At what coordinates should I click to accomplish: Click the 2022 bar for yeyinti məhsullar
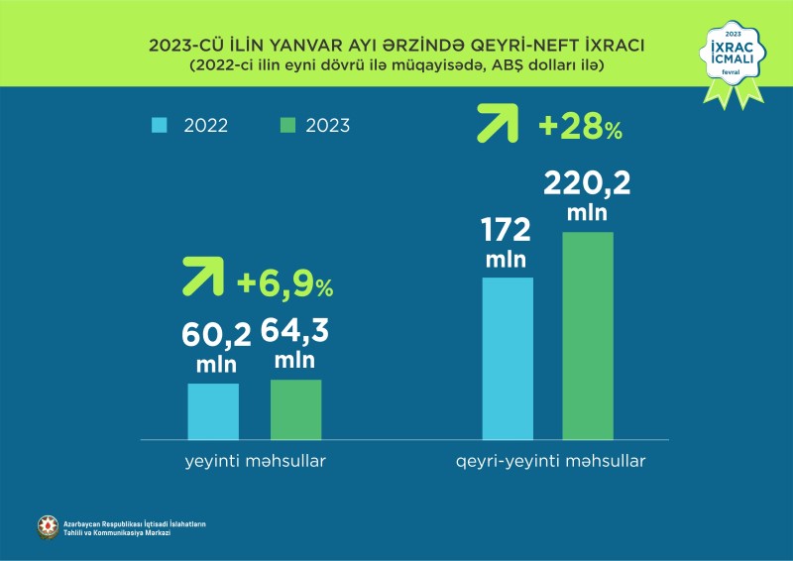213,410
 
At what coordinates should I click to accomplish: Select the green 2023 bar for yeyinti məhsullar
295,408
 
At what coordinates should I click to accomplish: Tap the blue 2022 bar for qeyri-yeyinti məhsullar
508,357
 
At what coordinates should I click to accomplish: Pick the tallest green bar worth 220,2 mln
588,335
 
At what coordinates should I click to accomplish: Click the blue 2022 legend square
159,125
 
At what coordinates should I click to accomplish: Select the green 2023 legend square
287,125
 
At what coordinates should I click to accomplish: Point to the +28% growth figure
580,128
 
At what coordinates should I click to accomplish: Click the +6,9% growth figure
285,285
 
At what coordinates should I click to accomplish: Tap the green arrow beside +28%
498,123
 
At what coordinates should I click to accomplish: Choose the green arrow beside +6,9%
202,278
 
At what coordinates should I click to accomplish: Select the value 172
507,231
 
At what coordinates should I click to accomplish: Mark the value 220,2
588,183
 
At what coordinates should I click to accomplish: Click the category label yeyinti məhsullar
255,462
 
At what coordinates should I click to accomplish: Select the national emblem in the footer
48,528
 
